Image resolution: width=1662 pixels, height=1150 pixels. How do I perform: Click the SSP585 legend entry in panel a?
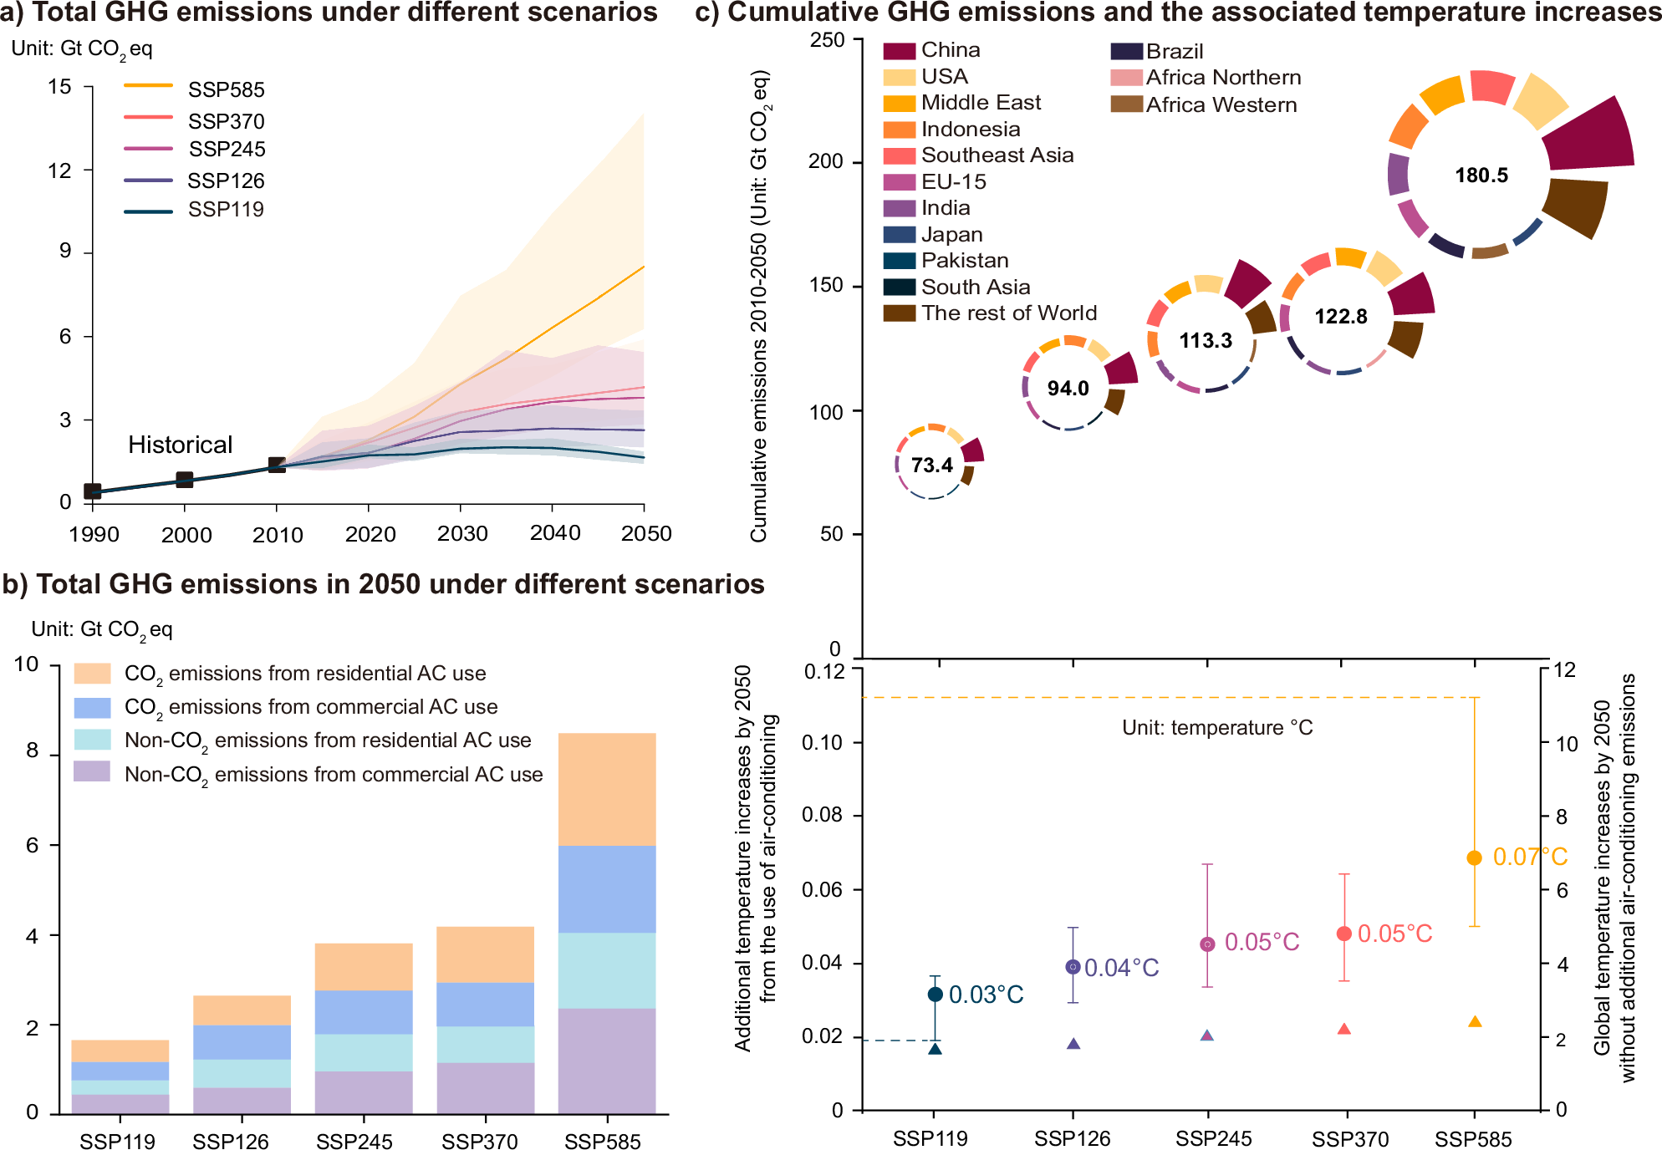click(x=226, y=89)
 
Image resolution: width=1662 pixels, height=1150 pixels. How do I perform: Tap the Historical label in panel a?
click(x=180, y=445)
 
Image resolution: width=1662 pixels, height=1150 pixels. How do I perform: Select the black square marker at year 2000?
click(x=185, y=480)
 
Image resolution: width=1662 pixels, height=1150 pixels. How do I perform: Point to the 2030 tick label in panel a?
click(x=462, y=534)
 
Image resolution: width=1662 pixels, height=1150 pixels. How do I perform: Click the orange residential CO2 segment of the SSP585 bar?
click(x=607, y=789)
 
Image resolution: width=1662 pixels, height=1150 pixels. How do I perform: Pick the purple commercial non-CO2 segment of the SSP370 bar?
click(x=485, y=1087)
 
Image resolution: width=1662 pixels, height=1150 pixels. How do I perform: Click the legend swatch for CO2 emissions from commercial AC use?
click(x=92, y=707)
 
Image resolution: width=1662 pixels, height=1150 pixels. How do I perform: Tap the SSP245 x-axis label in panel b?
click(x=354, y=1141)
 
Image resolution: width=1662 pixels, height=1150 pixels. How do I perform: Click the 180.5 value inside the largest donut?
click(x=1481, y=176)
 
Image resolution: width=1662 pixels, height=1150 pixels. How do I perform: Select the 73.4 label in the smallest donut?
click(x=931, y=466)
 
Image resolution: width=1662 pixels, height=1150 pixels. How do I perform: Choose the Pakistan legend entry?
click(x=965, y=261)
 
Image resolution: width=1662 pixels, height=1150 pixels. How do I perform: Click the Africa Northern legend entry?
click(x=1223, y=78)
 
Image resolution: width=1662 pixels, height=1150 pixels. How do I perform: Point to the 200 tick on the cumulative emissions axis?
click(x=825, y=161)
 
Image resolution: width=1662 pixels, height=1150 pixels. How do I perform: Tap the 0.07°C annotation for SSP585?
click(x=1530, y=857)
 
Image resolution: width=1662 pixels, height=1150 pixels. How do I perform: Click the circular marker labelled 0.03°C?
click(x=936, y=995)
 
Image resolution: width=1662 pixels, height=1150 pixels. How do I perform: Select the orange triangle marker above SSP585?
click(x=1475, y=1022)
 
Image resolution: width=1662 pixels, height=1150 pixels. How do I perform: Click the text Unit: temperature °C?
click(x=1217, y=728)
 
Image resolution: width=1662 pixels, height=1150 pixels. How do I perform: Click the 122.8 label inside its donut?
click(x=1341, y=317)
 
